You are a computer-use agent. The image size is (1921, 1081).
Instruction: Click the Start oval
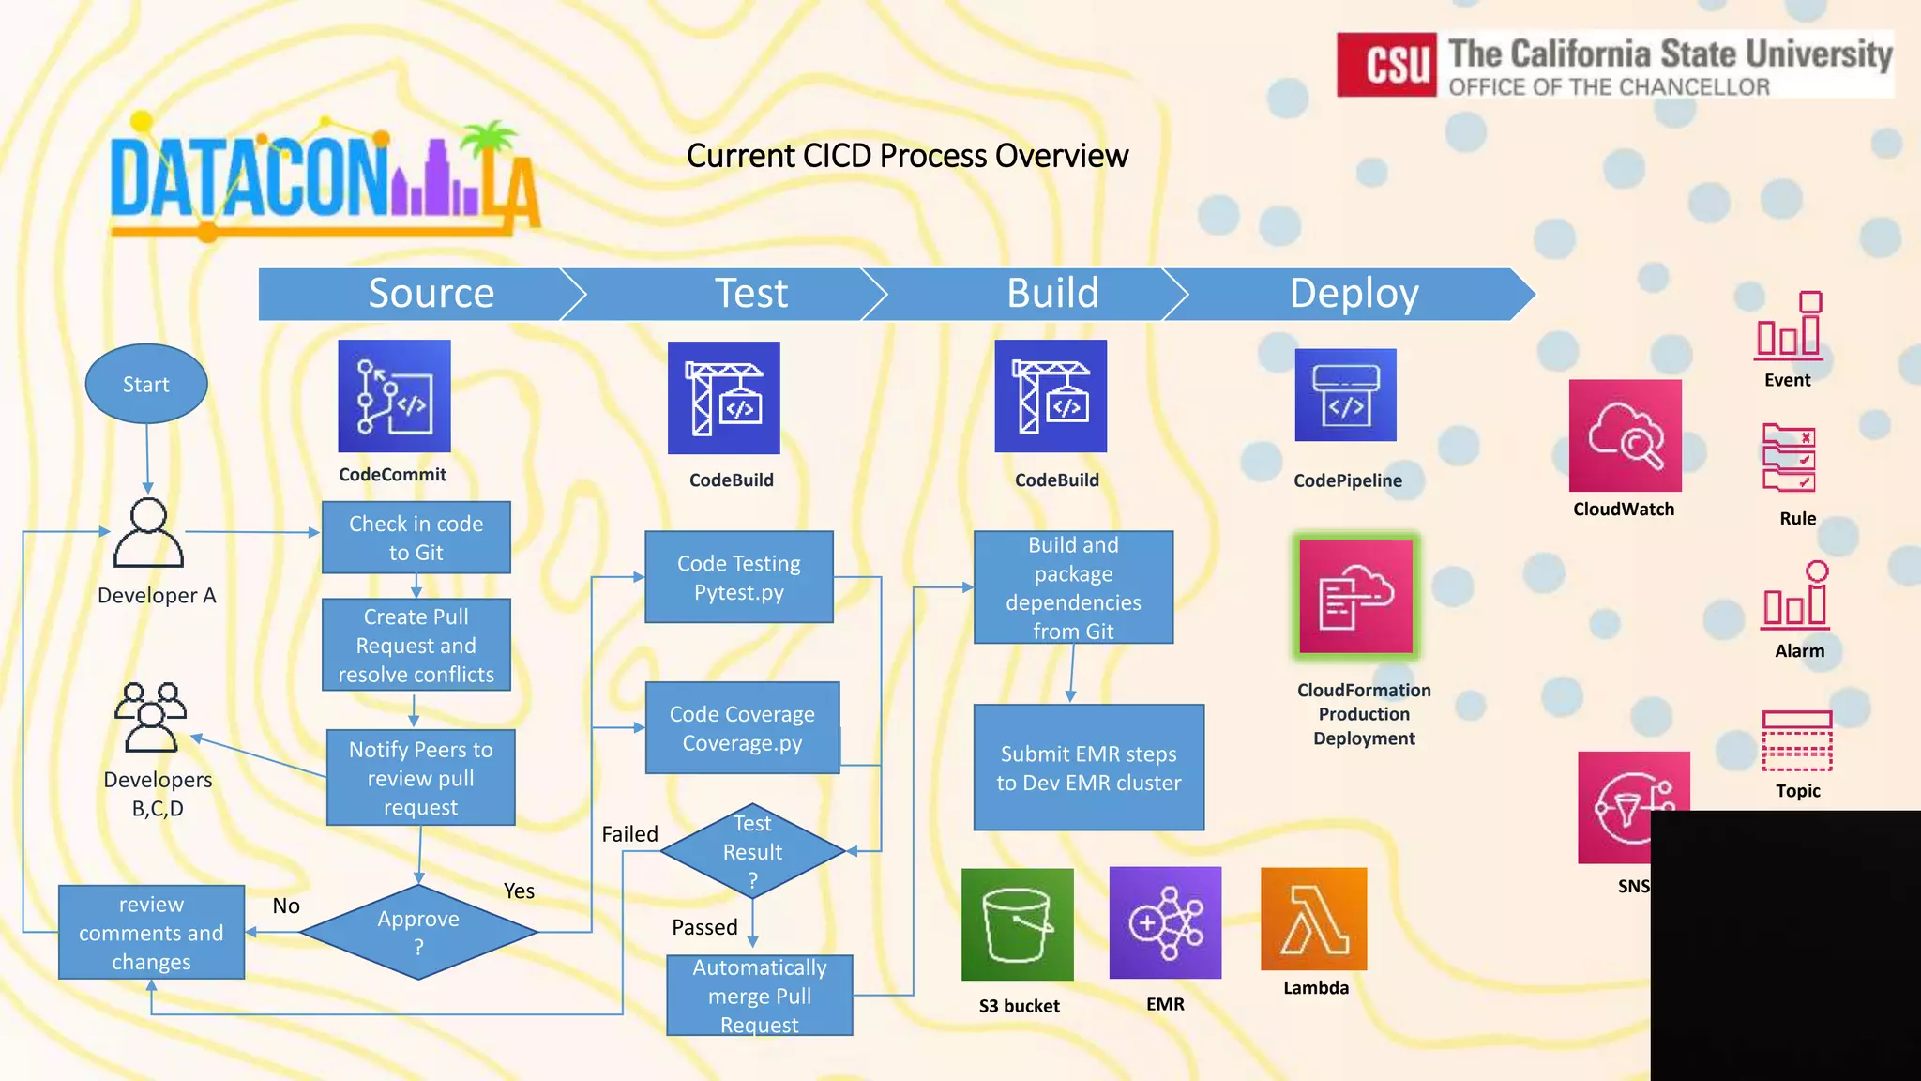tap(145, 384)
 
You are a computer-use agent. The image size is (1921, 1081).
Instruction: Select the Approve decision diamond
tap(418, 932)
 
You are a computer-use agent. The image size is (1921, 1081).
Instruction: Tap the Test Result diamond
tap(752, 851)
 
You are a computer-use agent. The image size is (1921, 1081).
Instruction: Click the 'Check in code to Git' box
tap(416, 538)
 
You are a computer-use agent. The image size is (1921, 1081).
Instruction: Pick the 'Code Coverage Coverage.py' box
tap(742, 728)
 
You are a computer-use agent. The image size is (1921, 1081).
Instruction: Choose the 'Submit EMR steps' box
tap(1088, 768)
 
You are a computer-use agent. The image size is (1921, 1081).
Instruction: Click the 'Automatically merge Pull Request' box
tap(759, 996)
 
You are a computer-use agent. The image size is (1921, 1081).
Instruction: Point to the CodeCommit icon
tap(394, 396)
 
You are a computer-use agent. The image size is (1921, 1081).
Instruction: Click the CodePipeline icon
tap(1345, 395)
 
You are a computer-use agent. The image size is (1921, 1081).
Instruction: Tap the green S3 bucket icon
tap(1017, 924)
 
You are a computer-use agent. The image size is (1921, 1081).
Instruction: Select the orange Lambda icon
tap(1313, 919)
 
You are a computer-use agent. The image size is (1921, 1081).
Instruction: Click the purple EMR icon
tap(1165, 922)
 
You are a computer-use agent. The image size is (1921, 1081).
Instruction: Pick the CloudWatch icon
tap(1625, 435)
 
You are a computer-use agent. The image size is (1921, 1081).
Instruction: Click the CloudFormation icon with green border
tap(1355, 597)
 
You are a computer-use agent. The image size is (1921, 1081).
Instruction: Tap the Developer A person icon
tap(147, 533)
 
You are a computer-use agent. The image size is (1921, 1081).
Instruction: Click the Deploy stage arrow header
tap(1353, 294)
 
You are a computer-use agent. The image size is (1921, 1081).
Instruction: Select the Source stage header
tap(431, 294)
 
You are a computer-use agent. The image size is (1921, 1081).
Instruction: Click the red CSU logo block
tap(1385, 65)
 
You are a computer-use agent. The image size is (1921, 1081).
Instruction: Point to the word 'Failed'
tap(629, 834)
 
